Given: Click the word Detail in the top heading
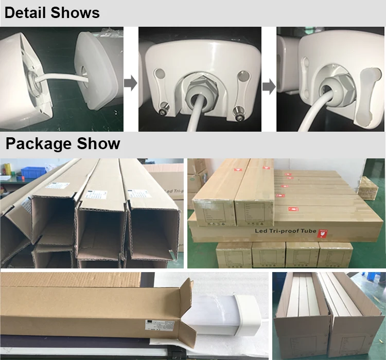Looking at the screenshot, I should coord(26,13).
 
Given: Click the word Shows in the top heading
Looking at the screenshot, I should coord(76,13).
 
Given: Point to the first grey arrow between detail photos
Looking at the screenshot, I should coord(131,84).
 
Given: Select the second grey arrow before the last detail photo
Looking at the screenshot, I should coord(269,86).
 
